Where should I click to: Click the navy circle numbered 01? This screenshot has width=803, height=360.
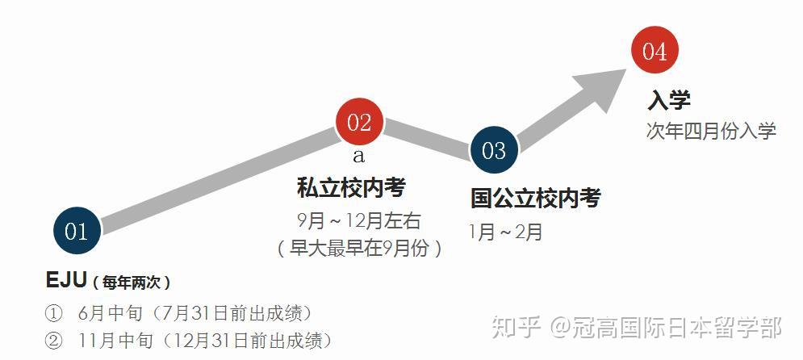click(77, 232)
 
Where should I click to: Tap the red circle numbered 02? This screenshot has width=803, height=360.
click(359, 123)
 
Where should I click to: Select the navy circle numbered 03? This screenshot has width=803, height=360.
click(493, 150)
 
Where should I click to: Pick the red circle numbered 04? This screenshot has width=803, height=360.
click(655, 51)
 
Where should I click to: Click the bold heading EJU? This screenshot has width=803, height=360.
click(66, 281)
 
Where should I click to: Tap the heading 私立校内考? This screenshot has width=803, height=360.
click(351, 188)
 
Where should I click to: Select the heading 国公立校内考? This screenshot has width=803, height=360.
click(536, 199)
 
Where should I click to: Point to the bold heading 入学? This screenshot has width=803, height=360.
click(669, 101)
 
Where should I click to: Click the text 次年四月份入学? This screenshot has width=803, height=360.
click(711, 131)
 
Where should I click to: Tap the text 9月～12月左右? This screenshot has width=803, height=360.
click(358, 220)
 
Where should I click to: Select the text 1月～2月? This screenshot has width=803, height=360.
click(507, 232)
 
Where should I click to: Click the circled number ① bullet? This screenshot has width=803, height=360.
click(53, 313)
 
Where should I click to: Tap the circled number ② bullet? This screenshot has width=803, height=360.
click(53, 341)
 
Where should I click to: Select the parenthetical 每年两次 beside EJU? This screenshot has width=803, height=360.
click(131, 283)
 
